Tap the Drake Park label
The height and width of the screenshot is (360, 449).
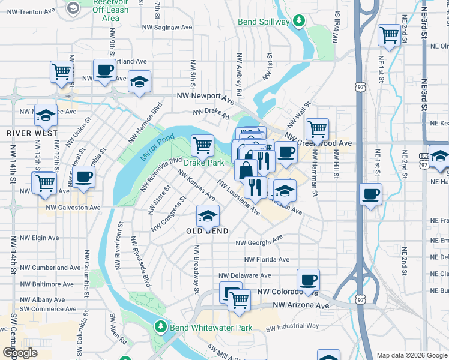tap(203, 163)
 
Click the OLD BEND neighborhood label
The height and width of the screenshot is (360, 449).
tap(206, 231)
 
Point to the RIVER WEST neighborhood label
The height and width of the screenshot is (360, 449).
tap(32, 133)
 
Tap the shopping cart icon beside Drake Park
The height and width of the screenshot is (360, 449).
tap(203, 145)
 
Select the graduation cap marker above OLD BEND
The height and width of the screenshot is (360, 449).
tap(208, 215)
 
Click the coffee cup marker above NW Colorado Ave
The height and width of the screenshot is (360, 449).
tap(309, 279)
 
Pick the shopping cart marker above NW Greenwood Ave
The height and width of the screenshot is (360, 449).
tap(317, 128)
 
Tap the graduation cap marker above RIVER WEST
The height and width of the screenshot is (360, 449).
tap(46, 114)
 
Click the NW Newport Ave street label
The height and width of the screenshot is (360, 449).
tap(205, 97)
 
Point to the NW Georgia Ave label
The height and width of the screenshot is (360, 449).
tap(259, 242)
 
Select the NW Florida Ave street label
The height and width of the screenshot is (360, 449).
tap(267, 260)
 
